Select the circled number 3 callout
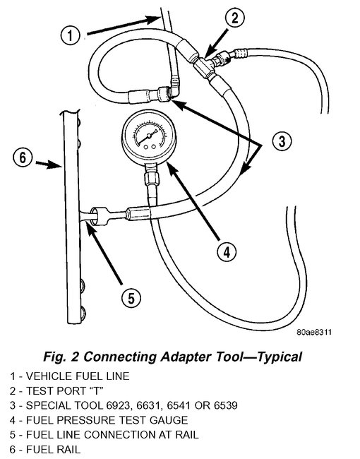click(x=281, y=141)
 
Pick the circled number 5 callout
click(x=126, y=297)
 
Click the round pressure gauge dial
click(x=147, y=137)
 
